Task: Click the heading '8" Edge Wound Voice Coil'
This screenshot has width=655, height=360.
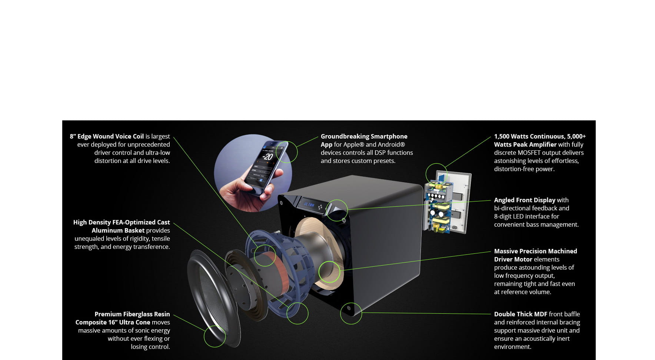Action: click(x=107, y=136)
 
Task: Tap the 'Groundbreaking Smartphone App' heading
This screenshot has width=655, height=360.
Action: click(x=363, y=137)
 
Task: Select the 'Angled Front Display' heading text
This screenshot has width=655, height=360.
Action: click(x=524, y=200)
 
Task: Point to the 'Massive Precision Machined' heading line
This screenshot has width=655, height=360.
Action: click(x=535, y=251)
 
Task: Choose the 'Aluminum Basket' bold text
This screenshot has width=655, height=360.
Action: click(x=118, y=230)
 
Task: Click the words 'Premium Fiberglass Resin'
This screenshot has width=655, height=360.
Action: click(x=132, y=314)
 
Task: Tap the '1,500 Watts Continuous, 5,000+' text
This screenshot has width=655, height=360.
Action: click(x=539, y=136)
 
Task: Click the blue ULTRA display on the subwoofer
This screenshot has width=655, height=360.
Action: click(x=309, y=204)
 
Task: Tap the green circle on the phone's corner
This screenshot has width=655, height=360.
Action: click(x=287, y=152)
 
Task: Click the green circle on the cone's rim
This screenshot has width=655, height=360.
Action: click(x=215, y=336)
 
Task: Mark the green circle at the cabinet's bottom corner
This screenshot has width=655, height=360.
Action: click(x=351, y=313)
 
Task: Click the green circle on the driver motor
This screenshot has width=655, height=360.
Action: click(x=329, y=272)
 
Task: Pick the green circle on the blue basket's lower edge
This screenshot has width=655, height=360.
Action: click(x=297, y=313)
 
